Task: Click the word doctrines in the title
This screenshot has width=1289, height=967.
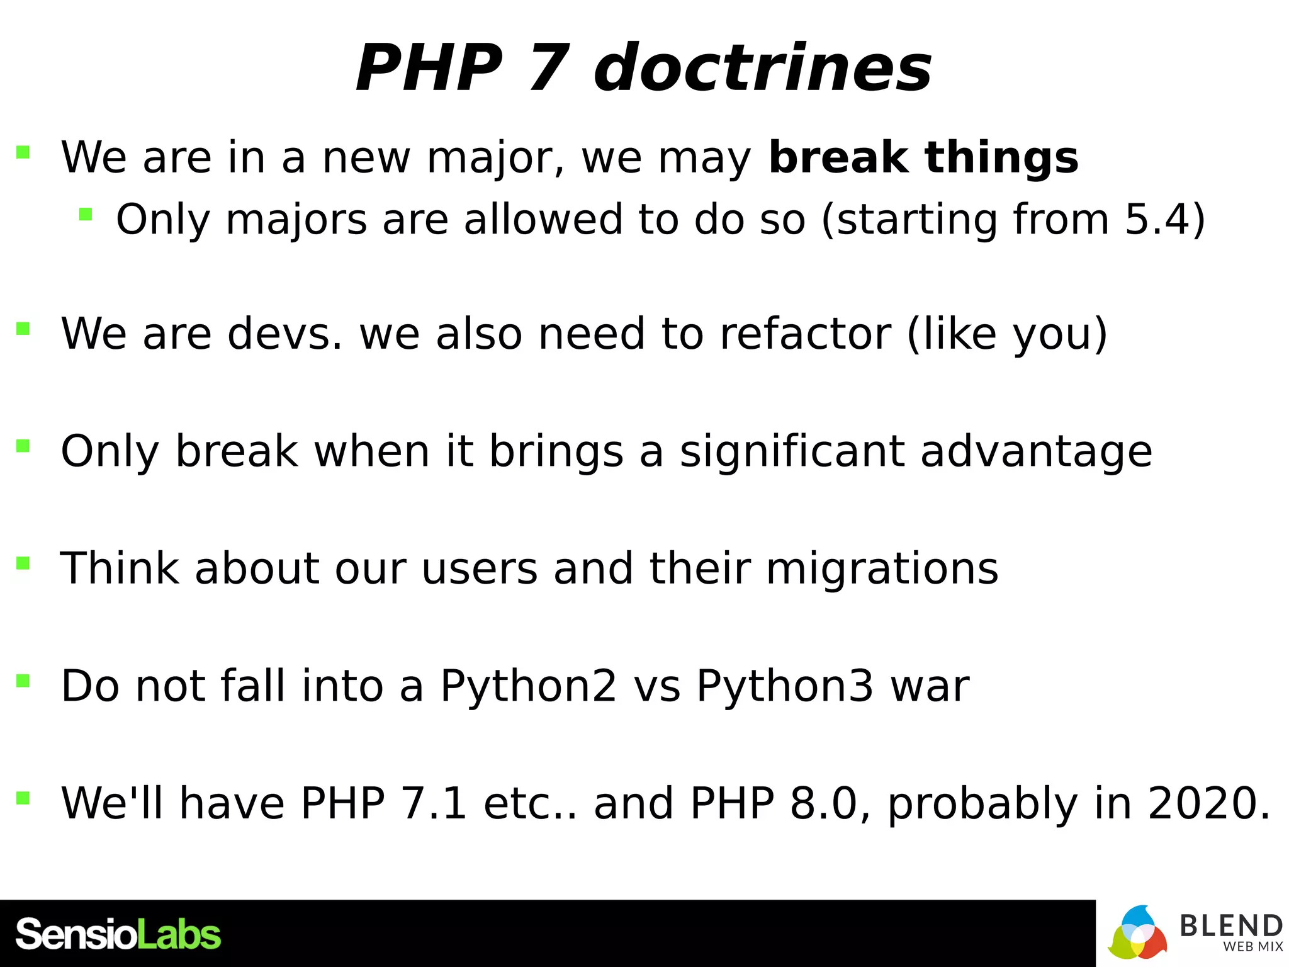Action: tap(762, 68)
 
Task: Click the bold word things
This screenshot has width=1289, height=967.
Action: tap(1002, 159)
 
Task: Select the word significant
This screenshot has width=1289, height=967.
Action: tap(792, 452)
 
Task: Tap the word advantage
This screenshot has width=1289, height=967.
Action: tap(1036, 452)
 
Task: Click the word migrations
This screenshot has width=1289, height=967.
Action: tap(882, 569)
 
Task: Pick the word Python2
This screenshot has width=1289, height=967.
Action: tap(528, 686)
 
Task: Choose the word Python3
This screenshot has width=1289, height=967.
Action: tap(785, 686)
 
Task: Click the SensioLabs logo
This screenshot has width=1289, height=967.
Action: tap(118, 934)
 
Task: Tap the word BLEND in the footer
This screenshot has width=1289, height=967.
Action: tap(1230, 926)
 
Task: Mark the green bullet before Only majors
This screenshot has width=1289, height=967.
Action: tap(86, 215)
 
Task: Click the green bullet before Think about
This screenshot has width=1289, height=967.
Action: tap(23, 562)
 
